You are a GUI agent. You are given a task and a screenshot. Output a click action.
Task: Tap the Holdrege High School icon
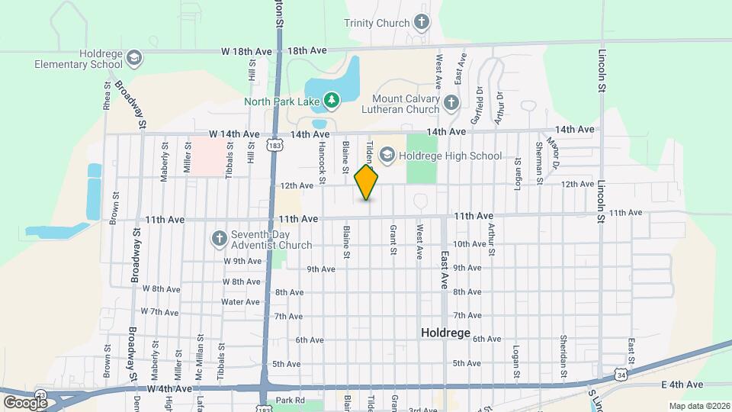[x=387, y=156]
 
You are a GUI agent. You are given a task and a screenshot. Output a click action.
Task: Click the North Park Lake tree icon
[x=330, y=100]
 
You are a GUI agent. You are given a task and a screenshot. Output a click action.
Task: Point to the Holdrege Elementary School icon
[x=134, y=57]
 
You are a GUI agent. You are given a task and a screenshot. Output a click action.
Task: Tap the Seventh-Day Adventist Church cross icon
[x=218, y=238]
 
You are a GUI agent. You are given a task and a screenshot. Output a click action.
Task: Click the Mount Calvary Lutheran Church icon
[x=451, y=101]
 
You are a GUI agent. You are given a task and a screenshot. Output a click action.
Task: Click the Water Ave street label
[x=240, y=302]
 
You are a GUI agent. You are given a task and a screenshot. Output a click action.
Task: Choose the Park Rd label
[x=290, y=400]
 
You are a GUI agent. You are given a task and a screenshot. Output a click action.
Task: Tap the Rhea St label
[x=107, y=96]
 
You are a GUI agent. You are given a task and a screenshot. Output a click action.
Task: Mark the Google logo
[x=25, y=401]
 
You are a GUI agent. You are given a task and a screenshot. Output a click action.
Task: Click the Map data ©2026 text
[x=698, y=406]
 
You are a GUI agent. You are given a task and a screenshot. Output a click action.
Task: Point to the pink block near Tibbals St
[x=207, y=156]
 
